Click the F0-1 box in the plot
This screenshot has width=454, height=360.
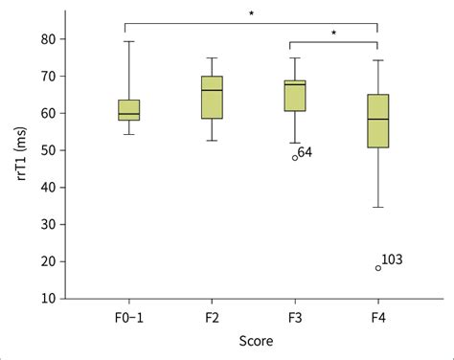coord(128,110)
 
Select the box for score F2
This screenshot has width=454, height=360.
coord(212,98)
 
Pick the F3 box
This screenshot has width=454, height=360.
coord(295,96)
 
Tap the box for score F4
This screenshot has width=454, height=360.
coord(378,121)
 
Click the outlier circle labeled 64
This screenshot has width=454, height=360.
coord(295,157)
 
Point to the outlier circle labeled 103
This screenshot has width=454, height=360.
coord(378,268)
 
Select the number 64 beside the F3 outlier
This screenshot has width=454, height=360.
coord(306,151)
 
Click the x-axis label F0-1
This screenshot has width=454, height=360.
coord(128,316)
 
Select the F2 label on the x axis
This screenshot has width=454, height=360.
coord(212,316)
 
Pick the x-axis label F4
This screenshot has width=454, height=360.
coord(378,316)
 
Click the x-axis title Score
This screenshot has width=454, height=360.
coord(253,340)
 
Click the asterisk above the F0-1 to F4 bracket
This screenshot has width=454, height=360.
coord(251,13)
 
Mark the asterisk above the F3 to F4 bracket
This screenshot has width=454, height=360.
coord(334,33)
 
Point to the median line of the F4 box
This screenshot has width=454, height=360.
coord(378,119)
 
